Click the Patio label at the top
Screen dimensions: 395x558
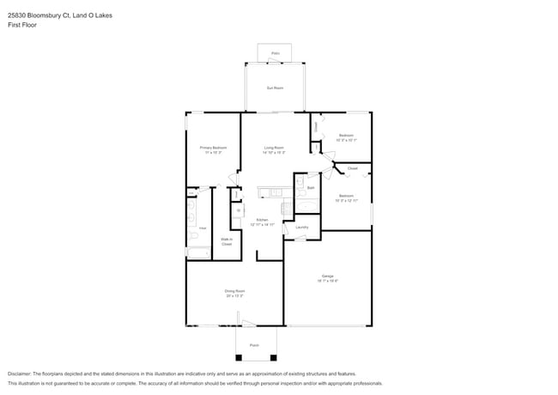pyautogui.click(x=276, y=53)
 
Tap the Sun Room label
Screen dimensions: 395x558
pyautogui.click(x=275, y=88)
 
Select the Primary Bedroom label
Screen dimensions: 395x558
pyautogui.click(x=213, y=148)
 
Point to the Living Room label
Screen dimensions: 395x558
pyautogui.click(x=275, y=148)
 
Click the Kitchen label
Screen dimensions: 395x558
pyautogui.click(x=262, y=221)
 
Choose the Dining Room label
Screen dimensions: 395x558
pyautogui.click(x=235, y=292)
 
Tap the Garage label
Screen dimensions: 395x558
pyautogui.click(x=328, y=276)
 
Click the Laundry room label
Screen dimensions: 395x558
pyautogui.click(x=302, y=228)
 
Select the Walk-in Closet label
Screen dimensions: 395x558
pyautogui.click(x=227, y=242)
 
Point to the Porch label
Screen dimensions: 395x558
pyautogui.click(x=254, y=344)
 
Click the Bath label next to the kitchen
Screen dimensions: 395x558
pyautogui.click(x=310, y=186)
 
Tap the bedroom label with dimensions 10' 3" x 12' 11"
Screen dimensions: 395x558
pyautogui.click(x=346, y=197)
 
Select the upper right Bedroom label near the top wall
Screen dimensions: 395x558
pyautogui.click(x=346, y=137)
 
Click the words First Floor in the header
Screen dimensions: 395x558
pyautogui.click(x=21, y=25)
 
